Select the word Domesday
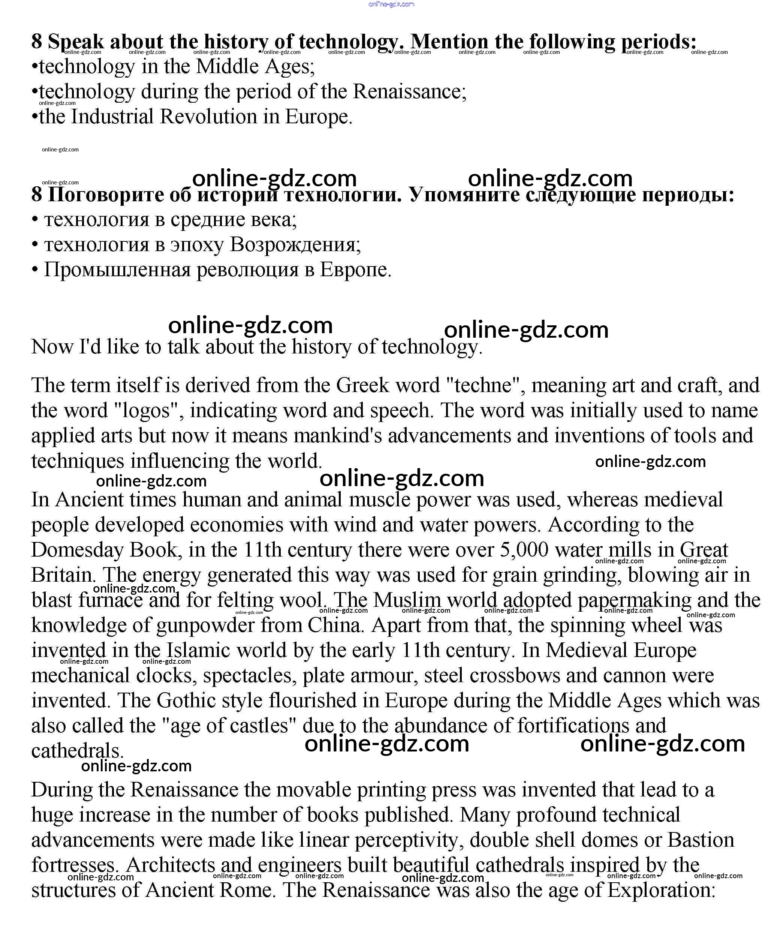coord(78,550)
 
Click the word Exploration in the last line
coord(661,890)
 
